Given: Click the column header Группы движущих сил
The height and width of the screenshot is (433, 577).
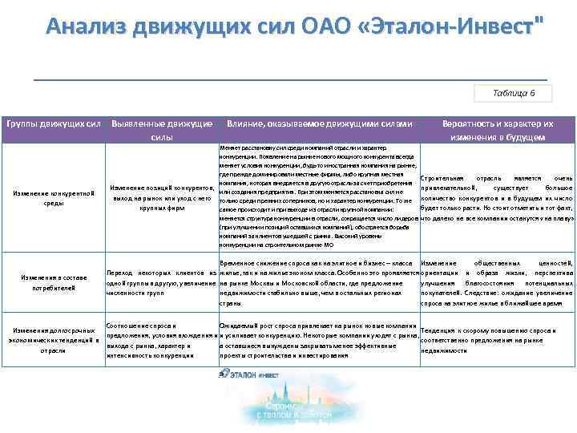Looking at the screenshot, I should pos(54,124).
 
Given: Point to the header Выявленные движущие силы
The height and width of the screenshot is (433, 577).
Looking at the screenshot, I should pos(161,130).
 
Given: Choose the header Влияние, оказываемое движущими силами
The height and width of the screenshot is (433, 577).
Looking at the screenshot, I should pos(319,124).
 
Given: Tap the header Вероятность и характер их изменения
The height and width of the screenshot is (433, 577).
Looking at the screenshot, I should pos(497,130).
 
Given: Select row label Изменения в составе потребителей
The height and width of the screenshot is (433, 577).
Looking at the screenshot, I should pos(54,283).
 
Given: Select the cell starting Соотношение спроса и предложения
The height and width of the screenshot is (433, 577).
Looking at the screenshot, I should pos(161,340).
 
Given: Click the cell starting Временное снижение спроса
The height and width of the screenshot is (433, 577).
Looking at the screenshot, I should pos(318,283).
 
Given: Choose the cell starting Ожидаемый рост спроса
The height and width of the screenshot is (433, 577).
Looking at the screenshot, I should pos(318,340).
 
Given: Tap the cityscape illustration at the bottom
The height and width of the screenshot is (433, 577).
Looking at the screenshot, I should pos(288,405).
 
